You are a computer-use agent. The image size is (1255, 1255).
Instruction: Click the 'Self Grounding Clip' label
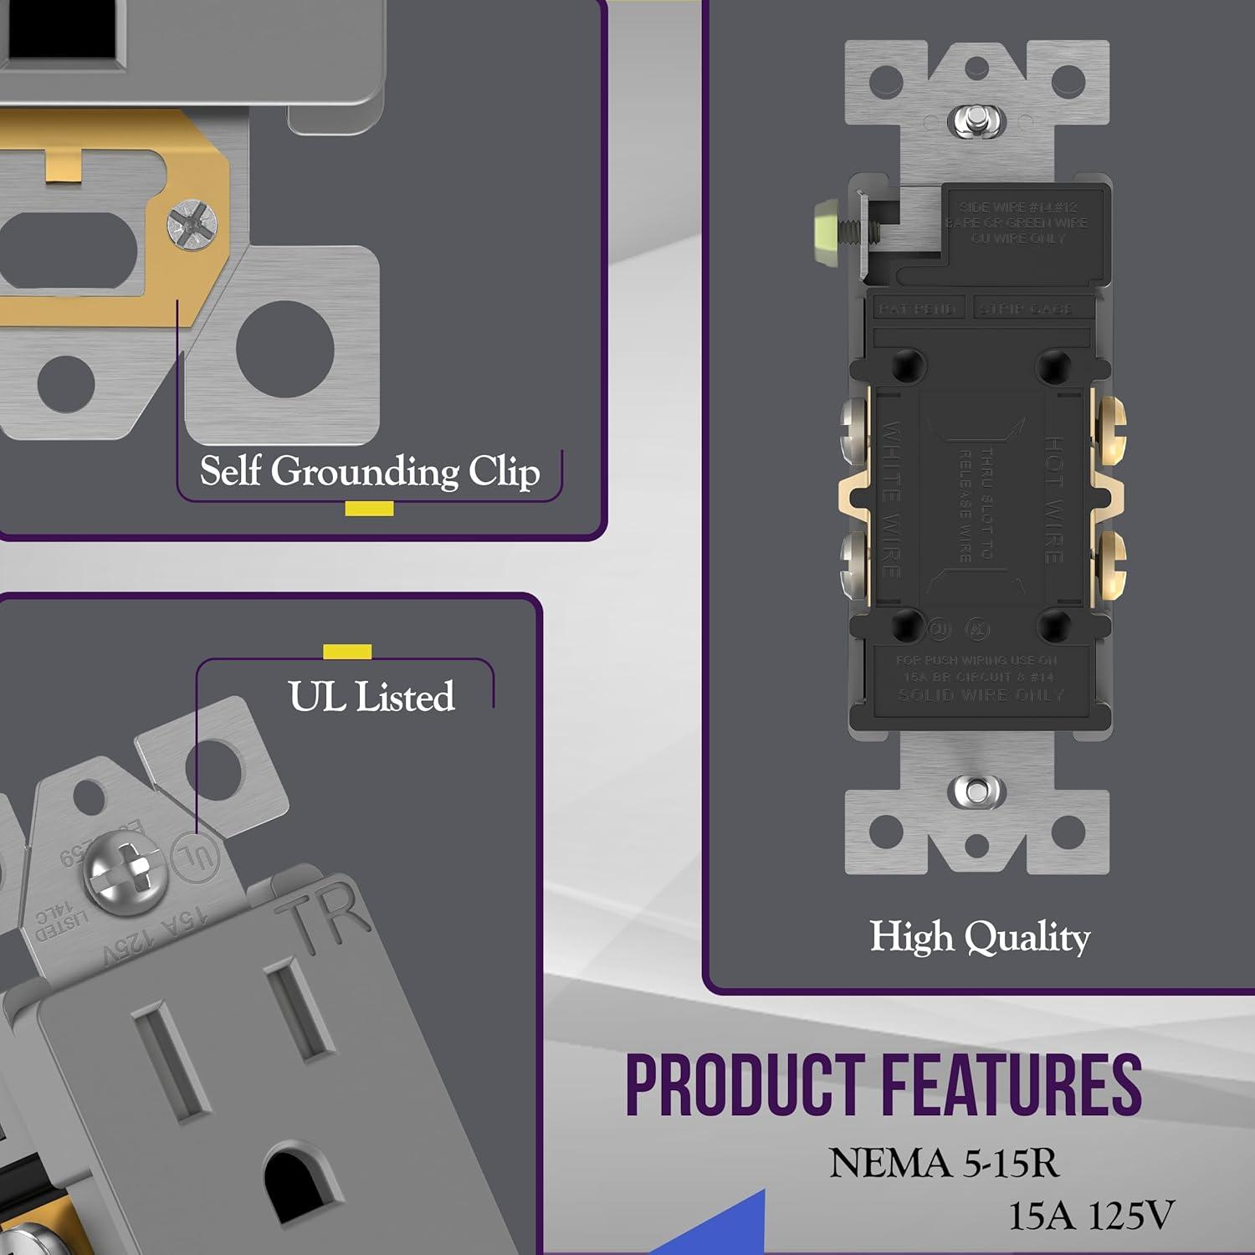coord(369,471)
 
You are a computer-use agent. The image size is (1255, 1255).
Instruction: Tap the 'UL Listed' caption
coord(371,697)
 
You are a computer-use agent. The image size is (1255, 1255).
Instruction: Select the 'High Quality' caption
coord(980,937)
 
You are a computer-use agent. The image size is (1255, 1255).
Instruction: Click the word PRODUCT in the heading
coord(745,1085)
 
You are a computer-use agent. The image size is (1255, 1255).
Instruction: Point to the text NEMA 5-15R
coord(943,1164)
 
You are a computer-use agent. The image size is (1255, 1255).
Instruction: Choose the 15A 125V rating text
coord(1091,1216)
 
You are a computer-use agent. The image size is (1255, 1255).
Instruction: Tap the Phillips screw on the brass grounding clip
coord(187,223)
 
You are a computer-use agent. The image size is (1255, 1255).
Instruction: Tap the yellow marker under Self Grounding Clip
coord(369,508)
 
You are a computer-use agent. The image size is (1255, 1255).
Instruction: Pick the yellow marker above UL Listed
coord(347,652)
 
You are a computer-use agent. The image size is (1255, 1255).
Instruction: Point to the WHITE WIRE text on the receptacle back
coord(892,499)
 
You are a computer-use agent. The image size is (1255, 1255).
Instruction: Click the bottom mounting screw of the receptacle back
coord(976,791)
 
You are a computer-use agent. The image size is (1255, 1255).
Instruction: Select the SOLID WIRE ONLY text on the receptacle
coord(980,695)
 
